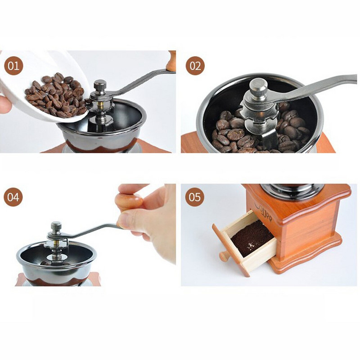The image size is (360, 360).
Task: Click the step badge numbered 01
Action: [13, 66]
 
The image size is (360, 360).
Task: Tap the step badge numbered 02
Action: [195, 66]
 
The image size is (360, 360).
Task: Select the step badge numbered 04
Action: [13, 197]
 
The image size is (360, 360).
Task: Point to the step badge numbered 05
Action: [195, 197]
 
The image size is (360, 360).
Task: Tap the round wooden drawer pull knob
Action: [224, 256]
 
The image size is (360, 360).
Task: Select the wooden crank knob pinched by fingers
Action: [129, 202]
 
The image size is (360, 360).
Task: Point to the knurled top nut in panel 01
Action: [100, 85]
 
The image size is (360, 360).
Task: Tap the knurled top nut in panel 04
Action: [56, 227]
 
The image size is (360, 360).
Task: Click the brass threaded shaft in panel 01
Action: [100, 105]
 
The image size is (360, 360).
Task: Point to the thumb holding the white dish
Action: [5, 105]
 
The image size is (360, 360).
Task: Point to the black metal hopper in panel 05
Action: [292, 190]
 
